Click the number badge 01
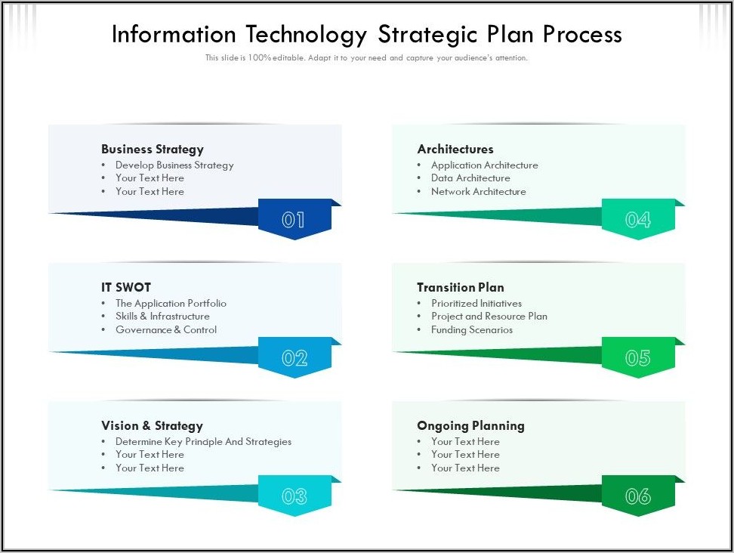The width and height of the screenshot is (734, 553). point(295,219)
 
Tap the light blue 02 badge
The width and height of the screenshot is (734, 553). point(295,357)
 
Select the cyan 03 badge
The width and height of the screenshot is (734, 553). point(295,496)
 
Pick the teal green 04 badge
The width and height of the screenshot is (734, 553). point(639,219)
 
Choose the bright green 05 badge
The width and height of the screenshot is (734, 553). point(639,357)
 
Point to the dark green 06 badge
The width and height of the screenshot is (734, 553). point(639,496)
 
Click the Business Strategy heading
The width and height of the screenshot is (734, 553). point(153,150)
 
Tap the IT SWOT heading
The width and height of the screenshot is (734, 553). point(126,287)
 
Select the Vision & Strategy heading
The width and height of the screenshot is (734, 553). point(152,425)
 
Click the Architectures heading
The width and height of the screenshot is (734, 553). point(455,149)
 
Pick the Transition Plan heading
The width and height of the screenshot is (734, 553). point(461,287)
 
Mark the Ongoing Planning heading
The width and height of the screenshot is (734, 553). point(471,425)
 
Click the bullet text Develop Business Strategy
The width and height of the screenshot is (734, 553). point(174,165)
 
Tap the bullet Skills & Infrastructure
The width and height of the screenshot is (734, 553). point(163,316)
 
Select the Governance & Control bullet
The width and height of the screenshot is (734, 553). point(166,329)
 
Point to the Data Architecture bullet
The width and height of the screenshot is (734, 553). point(470,178)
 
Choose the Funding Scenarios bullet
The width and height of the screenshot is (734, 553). point(472,329)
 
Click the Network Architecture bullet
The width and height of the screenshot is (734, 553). point(479,192)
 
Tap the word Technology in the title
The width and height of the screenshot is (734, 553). point(307,35)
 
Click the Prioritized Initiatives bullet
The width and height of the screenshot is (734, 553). point(476,303)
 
